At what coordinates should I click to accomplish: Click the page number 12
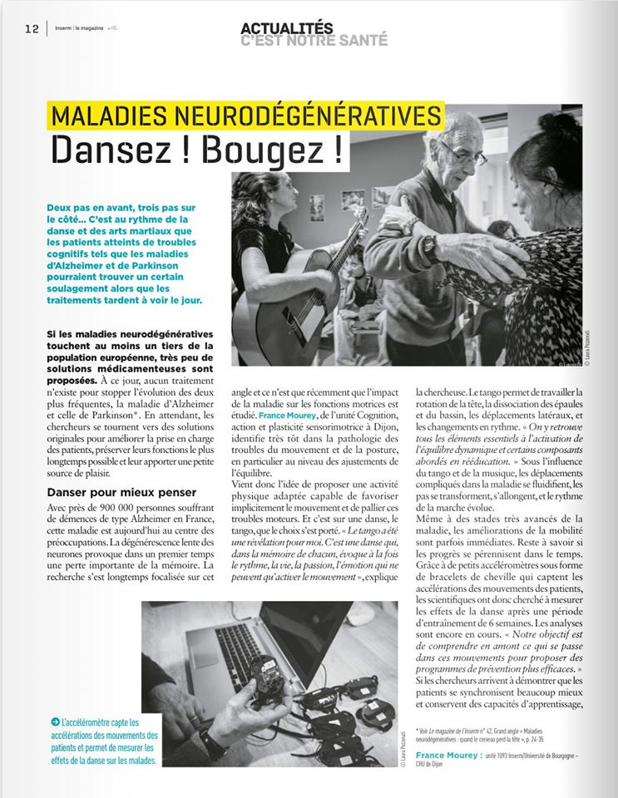pyautogui.click(x=32, y=27)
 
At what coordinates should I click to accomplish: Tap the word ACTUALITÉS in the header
pyautogui.click(x=288, y=27)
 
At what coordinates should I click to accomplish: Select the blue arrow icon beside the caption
pyautogui.click(x=54, y=722)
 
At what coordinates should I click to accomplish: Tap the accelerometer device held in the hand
pyautogui.click(x=267, y=678)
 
